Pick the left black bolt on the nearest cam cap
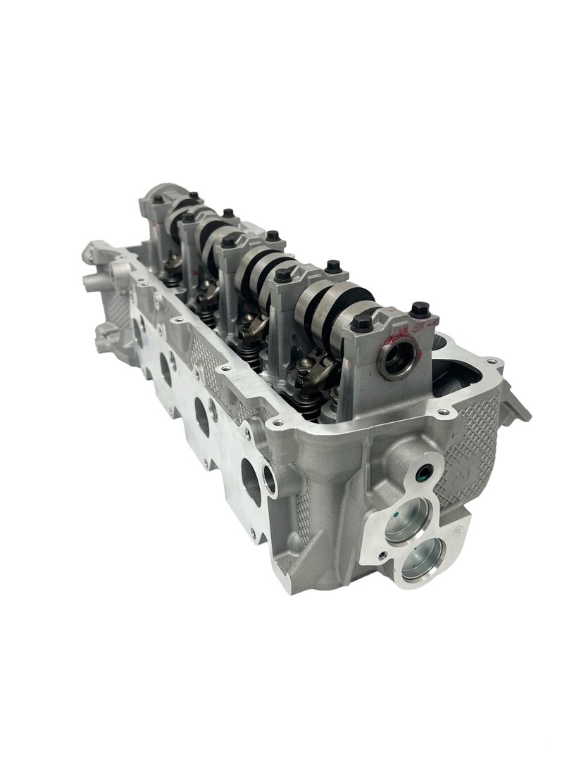click(361, 322)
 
